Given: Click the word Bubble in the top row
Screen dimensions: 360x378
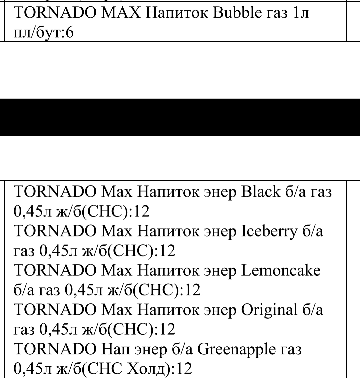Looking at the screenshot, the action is point(237,13).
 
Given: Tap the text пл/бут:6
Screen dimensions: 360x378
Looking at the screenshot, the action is point(43,33).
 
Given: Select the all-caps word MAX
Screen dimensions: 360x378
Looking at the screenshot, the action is point(121,13).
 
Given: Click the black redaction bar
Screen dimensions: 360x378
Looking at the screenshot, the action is point(180,118).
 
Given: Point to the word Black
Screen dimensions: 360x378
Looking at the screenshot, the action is point(261,192).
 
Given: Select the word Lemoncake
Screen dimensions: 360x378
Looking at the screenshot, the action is point(281,270).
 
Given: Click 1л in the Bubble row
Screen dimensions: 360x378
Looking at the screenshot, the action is point(301,13).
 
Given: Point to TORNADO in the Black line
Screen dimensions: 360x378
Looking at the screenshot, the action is point(55,192).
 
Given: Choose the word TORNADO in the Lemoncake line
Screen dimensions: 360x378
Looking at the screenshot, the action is point(55,270).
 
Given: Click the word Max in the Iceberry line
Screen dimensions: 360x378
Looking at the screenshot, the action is point(117,231).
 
